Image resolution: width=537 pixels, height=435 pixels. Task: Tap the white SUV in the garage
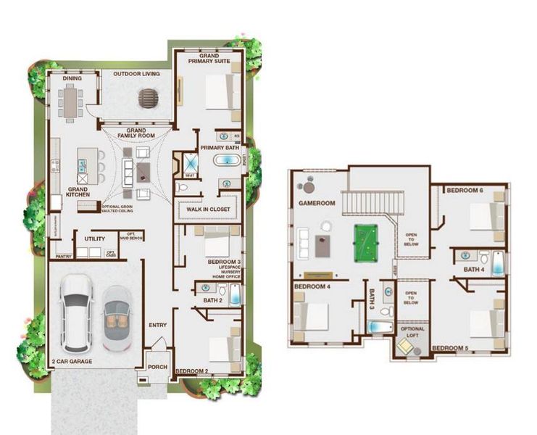[76, 310]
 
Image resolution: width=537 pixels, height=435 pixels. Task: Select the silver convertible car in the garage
[116, 317]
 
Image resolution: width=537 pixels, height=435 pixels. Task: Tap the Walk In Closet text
[207, 209]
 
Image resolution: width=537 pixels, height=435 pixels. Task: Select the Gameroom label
[317, 204]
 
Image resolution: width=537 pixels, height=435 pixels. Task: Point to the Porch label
[158, 367]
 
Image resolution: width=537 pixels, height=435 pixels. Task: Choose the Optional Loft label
[413, 333]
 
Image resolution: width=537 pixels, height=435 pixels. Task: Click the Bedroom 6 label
[465, 191]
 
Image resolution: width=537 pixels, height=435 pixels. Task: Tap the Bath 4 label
[475, 270]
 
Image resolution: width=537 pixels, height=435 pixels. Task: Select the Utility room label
[95, 238]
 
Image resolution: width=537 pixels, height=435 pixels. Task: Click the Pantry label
[62, 256]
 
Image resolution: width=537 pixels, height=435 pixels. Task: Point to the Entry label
[159, 325]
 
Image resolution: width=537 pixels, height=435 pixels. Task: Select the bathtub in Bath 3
[378, 328]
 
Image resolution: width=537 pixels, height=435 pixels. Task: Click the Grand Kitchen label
[78, 191]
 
